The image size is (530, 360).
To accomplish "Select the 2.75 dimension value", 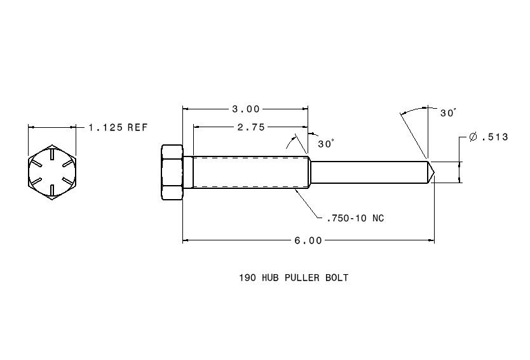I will (250, 127).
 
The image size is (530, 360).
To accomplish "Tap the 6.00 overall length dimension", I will (308, 240).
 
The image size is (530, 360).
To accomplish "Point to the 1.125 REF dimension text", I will (118, 127).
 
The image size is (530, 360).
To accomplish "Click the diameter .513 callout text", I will (488, 137).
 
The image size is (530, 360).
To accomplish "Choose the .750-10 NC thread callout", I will (355, 218).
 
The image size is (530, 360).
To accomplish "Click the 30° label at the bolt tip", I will (448, 113).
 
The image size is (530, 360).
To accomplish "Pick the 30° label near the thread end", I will (325, 144).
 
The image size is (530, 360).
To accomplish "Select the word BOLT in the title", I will (337, 278).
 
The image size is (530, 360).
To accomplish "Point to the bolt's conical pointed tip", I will (430, 172).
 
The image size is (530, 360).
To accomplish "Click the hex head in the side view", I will (172, 172).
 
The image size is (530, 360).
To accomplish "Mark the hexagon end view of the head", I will (52, 172).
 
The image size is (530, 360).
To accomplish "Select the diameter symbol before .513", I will (472, 137).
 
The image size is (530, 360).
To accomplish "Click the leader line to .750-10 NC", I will (308, 204).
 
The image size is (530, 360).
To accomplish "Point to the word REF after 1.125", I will (137, 127).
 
